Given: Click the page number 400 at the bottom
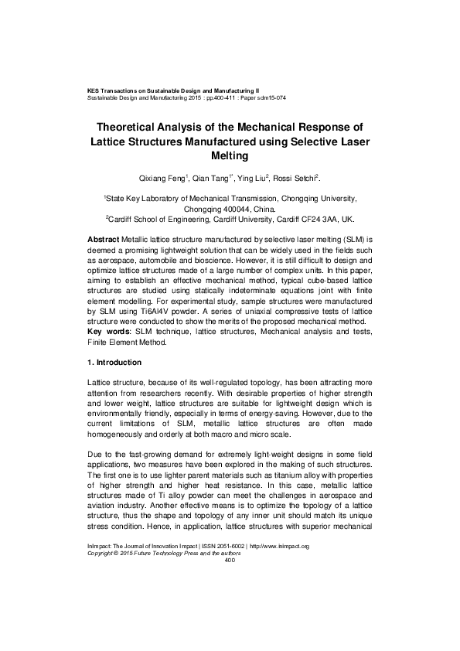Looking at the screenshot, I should click(229, 603).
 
